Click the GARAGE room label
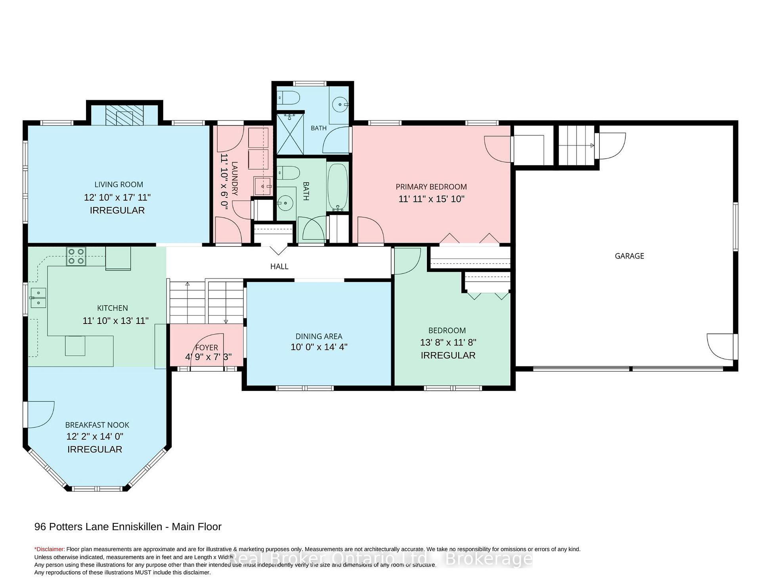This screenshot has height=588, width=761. click(x=629, y=256)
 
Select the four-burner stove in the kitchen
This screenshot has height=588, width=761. click(x=76, y=256)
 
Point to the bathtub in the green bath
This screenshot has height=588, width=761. click(x=338, y=188)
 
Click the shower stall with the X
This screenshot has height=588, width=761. click(x=290, y=134)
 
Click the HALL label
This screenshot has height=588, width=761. click(x=279, y=266)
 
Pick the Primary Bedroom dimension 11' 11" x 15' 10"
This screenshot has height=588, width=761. click(x=431, y=199)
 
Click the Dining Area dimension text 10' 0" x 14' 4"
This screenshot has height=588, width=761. click(x=319, y=347)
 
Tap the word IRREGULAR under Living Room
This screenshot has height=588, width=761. click(x=117, y=210)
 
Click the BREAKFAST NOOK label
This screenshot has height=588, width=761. click(x=97, y=425)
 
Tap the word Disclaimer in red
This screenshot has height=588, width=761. click(x=50, y=549)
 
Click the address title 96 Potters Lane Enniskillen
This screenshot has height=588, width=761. click(x=98, y=527)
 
